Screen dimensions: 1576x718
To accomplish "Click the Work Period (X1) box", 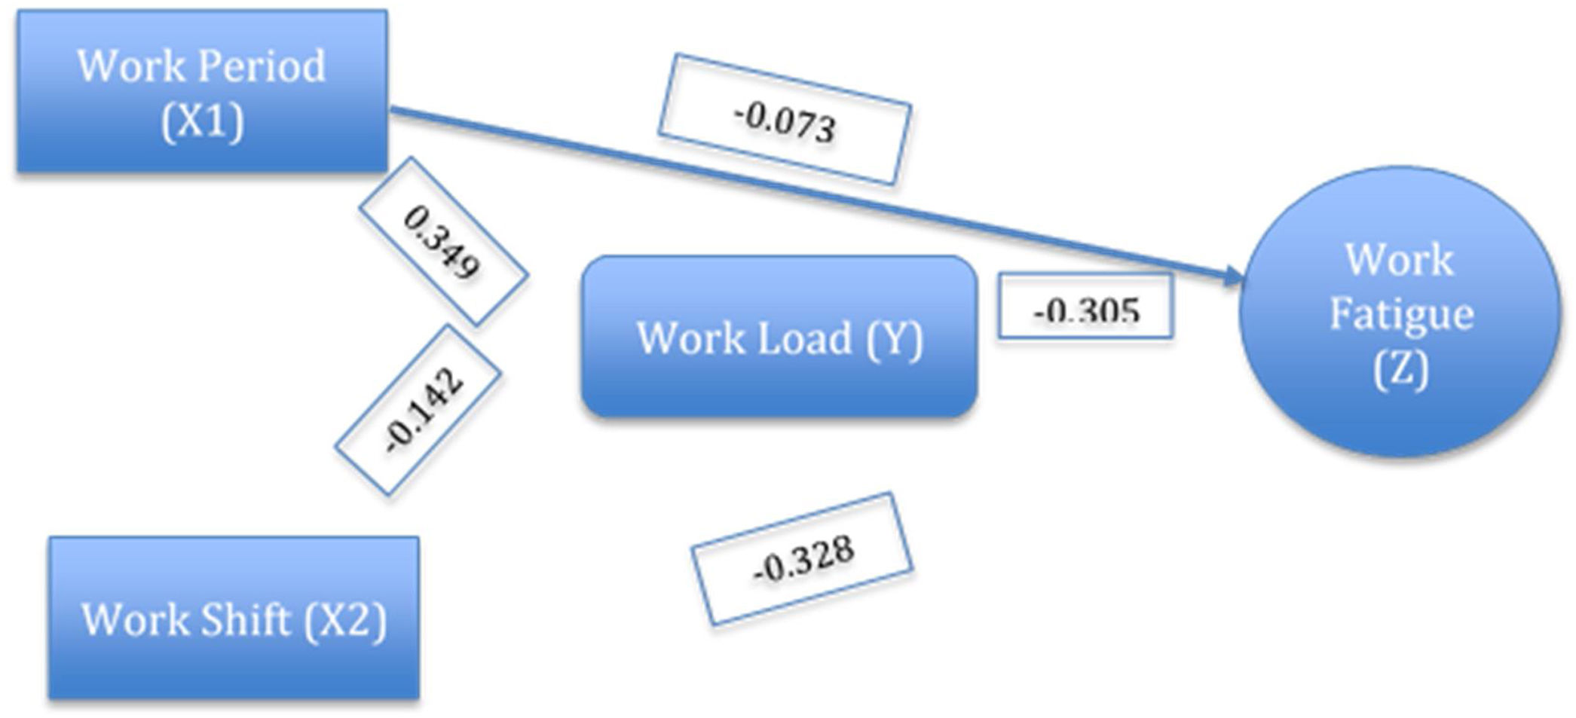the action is (202, 90).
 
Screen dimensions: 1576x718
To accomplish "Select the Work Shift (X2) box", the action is (234, 618).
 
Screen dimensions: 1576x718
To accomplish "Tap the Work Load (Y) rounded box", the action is (779, 337).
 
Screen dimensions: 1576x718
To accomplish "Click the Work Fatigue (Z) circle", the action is (1400, 313).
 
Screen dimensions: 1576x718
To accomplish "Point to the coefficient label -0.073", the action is (785, 120).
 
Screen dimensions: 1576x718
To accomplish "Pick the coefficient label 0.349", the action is (442, 242).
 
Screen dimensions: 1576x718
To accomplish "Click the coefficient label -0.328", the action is (803, 559).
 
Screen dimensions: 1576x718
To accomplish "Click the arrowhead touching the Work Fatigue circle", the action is (1233, 277).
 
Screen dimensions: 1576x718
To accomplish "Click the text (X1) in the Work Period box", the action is (202, 121).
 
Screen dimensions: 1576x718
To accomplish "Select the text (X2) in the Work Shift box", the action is (345, 619).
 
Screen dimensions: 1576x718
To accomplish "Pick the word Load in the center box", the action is (804, 338).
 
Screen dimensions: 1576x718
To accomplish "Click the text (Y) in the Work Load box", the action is (894, 339).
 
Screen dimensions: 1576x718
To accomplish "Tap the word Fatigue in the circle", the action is (1401, 314).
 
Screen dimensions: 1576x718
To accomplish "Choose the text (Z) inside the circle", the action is (1400, 369).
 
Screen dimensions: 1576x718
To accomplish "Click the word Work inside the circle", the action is (1400, 260).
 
